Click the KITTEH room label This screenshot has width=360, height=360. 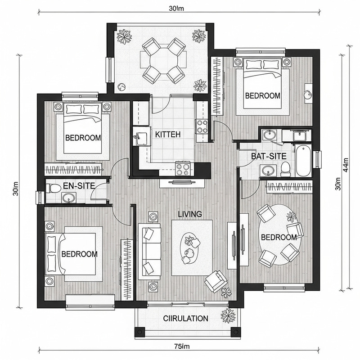click(x=167, y=134)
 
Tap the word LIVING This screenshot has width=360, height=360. click(x=189, y=214)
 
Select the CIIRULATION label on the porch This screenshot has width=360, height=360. click(x=185, y=319)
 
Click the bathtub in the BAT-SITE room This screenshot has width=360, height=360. click(x=303, y=161)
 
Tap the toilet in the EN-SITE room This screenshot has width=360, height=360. click(x=53, y=188)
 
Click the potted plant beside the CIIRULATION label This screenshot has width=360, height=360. click(x=227, y=317)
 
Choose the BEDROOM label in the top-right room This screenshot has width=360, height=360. click(x=262, y=96)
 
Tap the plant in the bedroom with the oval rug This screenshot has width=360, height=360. click(x=292, y=217)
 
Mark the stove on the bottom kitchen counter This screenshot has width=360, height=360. click(x=184, y=169)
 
